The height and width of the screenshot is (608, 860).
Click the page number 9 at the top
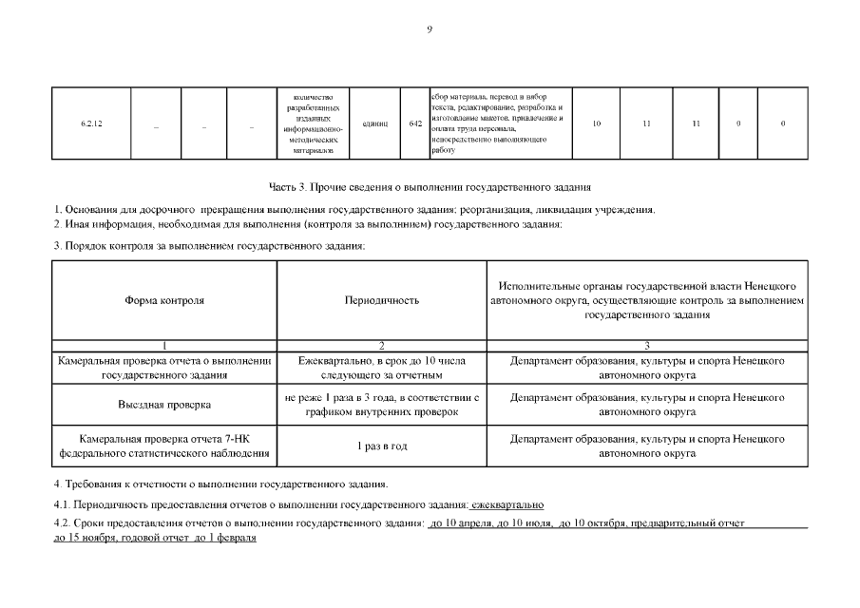point(430,29)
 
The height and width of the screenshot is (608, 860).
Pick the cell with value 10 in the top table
point(596,124)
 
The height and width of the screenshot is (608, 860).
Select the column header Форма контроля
point(163,300)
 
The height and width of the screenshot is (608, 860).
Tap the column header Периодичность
point(381,300)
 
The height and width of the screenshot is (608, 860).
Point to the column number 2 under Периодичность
point(381,346)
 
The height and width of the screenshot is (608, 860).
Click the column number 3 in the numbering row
point(647,346)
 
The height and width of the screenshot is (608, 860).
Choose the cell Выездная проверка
point(163,405)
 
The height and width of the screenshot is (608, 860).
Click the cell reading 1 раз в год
point(381,446)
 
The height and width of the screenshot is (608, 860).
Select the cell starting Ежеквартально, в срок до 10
point(381,368)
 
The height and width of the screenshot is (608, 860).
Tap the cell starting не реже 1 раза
point(381,405)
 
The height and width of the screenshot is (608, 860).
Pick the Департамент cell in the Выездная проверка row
point(647,405)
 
